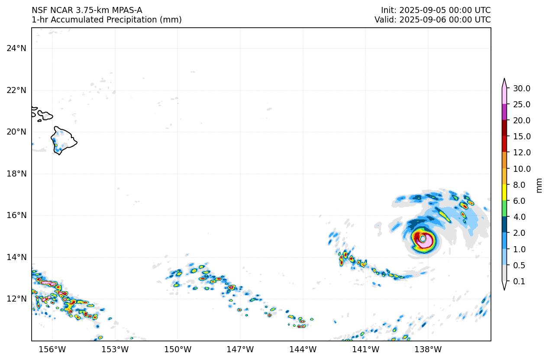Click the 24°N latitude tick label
16,48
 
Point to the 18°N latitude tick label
16,174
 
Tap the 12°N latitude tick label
16,299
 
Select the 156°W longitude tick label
52,349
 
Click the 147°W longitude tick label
240,349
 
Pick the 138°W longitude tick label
428,349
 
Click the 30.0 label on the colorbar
521,88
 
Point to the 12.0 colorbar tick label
521,152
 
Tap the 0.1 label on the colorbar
519,281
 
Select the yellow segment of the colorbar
504,192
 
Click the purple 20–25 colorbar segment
504,112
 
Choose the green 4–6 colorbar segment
504,208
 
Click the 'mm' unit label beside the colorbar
539,185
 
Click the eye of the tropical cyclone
423,239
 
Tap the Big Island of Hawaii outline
63,140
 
